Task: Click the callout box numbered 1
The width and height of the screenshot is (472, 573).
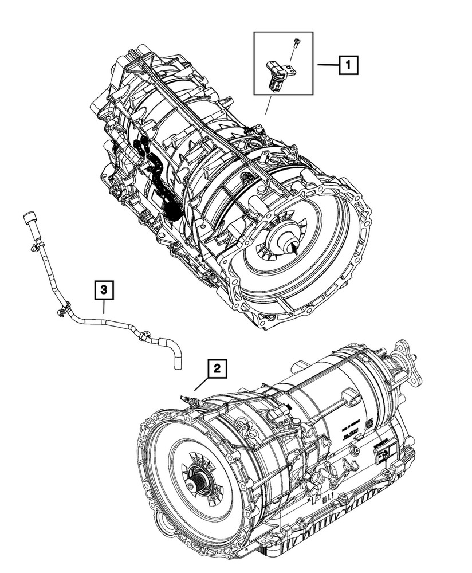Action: pyautogui.click(x=348, y=66)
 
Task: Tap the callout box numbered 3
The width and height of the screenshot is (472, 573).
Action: pyautogui.click(x=104, y=291)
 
